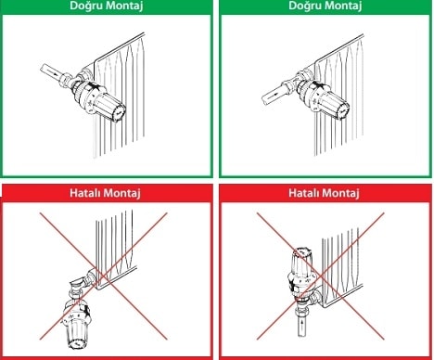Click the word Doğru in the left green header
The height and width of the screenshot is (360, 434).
coord(88,6)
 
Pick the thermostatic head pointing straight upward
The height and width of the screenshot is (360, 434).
coord(302,270)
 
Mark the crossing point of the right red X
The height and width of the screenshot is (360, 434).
coord(322,278)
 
